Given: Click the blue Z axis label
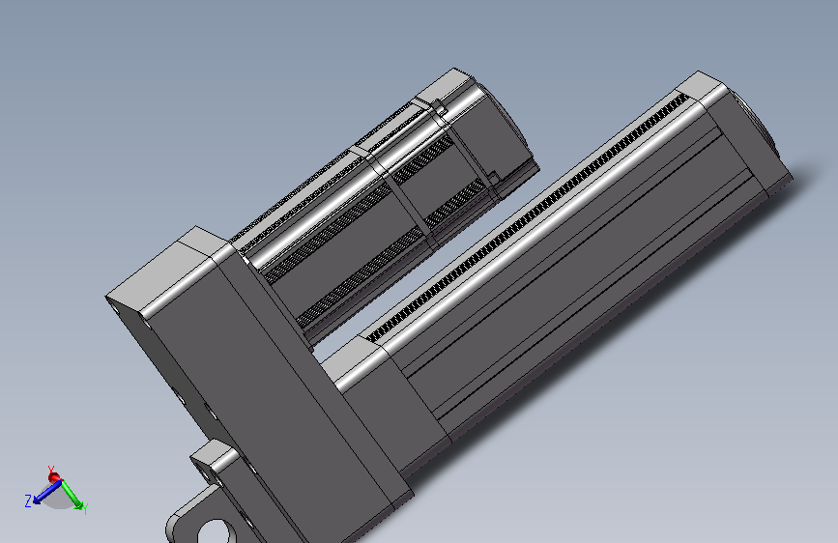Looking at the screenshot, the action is (x=28, y=500).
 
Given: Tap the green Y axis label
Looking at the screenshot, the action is (x=84, y=508).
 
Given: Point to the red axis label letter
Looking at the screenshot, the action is (x=51, y=470).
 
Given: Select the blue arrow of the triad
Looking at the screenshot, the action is (x=47, y=492).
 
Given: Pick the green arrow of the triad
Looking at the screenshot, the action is (x=72, y=495).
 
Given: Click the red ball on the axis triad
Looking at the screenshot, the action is (x=54, y=477).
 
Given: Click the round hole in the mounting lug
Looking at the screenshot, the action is (x=214, y=532).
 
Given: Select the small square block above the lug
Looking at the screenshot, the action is (x=214, y=460).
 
